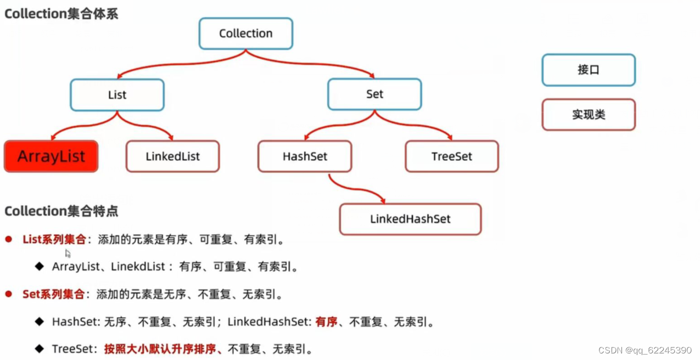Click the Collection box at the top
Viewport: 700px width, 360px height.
245,33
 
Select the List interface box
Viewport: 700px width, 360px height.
117,95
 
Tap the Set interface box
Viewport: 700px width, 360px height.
374,94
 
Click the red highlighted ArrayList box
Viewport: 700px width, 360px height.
51,156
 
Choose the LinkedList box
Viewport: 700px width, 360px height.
172,156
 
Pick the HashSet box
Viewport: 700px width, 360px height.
304,156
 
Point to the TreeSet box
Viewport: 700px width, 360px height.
451,156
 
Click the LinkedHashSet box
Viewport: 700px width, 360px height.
410,219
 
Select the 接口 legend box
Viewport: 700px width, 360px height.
588,70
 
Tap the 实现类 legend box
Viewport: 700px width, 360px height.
588,115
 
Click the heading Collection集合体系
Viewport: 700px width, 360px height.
61,13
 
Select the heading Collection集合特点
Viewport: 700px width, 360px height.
61,211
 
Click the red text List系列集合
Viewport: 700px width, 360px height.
54,239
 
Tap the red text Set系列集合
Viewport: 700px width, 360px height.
53,294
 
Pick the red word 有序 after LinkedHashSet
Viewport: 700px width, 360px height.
326,322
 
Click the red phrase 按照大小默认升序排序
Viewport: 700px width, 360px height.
162,349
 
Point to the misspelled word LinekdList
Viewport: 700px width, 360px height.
138,267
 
